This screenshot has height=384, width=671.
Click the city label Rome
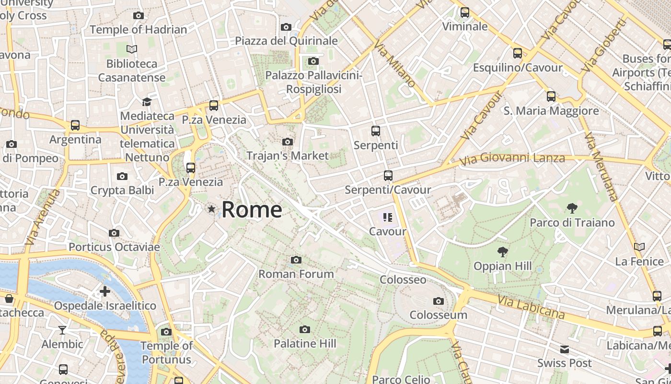[x=252, y=210]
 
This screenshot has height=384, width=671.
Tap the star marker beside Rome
[x=211, y=209]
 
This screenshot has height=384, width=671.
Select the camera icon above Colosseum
[x=438, y=301]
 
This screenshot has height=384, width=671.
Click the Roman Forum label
[x=296, y=274]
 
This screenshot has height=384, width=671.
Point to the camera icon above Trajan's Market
[x=288, y=142]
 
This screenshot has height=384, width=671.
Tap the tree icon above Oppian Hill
[x=503, y=252]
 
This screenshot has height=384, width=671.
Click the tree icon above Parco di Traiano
[x=572, y=208]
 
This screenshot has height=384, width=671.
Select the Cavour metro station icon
[x=388, y=218]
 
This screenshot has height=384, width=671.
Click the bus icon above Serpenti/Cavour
[x=388, y=176]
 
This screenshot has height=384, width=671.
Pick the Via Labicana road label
[x=531, y=307]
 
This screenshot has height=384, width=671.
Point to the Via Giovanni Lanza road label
[x=512, y=158]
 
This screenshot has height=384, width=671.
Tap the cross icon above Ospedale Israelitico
[x=104, y=291]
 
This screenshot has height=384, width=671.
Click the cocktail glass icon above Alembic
[x=62, y=330]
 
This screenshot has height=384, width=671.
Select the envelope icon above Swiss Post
[x=565, y=349]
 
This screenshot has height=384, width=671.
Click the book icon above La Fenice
[x=639, y=247]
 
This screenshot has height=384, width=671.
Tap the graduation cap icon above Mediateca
[x=147, y=102]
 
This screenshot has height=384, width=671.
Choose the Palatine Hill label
[x=305, y=344]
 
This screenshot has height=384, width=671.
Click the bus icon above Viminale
[x=464, y=12]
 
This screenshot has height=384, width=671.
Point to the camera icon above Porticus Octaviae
[x=114, y=233]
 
